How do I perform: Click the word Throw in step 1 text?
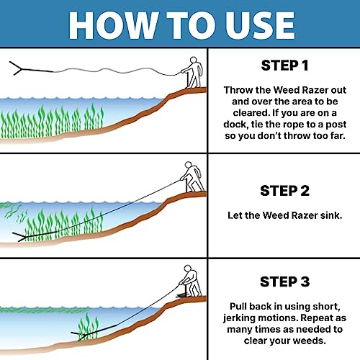pos(240,91)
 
